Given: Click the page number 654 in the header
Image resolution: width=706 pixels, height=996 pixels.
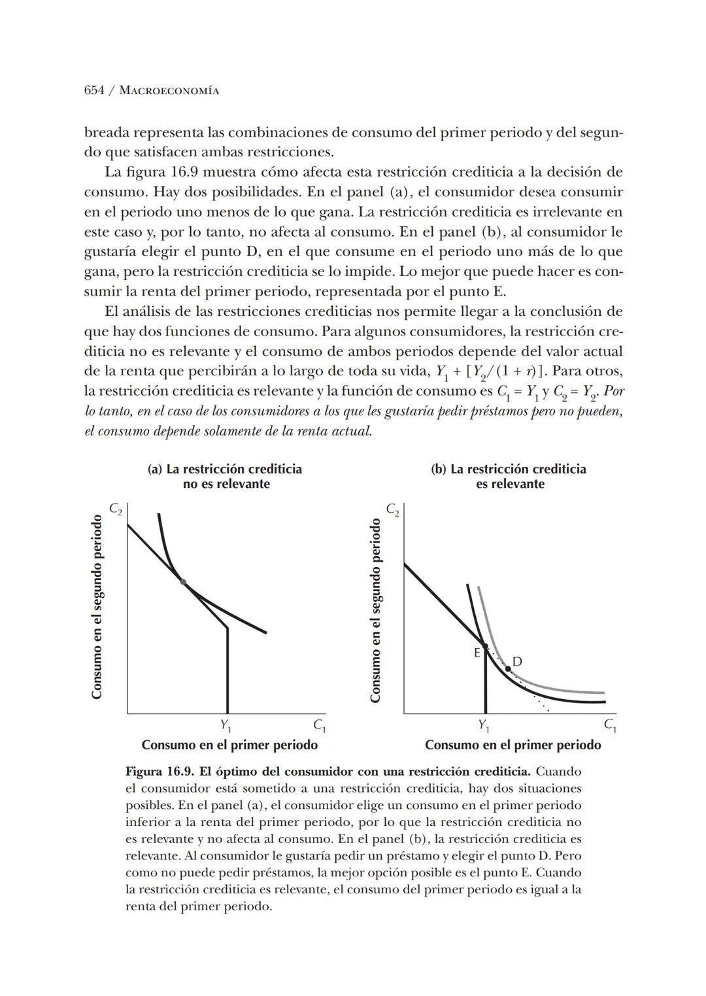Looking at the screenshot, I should [x=94, y=90].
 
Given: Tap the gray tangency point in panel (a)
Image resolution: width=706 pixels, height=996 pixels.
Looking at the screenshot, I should [x=183, y=581].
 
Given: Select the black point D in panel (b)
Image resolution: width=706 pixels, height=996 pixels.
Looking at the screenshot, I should [x=508, y=668].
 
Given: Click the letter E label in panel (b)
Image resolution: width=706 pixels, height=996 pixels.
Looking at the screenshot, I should [x=477, y=652].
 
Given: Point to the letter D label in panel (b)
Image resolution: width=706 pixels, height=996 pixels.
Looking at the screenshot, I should [x=517, y=661].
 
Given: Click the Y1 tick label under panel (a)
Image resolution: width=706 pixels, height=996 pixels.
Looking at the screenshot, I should [x=226, y=725].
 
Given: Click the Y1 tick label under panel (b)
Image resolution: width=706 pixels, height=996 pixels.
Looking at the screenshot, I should [x=484, y=725].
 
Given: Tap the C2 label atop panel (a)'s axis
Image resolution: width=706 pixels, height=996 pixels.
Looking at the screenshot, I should [x=116, y=509].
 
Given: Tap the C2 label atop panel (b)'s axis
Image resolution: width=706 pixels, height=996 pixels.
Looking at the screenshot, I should [x=392, y=509].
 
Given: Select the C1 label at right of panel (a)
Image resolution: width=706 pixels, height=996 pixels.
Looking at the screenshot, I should [x=319, y=725].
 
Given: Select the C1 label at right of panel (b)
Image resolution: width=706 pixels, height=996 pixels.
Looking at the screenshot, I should [x=609, y=725].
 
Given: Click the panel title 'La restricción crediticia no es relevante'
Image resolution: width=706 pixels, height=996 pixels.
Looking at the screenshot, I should [x=226, y=476].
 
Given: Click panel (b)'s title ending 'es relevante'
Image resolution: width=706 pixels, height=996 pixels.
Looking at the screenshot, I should [x=509, y=476].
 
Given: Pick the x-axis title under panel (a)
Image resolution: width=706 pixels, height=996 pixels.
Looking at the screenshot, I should [x=229, y=745].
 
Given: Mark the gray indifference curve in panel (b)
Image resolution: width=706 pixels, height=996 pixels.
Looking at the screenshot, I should [x=556, y=687].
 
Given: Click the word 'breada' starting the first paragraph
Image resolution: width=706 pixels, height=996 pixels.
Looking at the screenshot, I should [x=107, y=133].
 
